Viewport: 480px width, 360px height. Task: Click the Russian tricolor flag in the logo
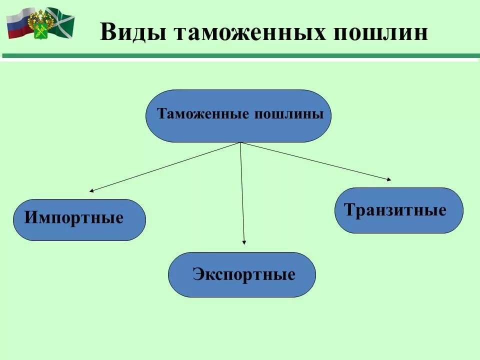coord(19,24)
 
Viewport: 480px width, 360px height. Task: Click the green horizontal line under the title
coord(240,56)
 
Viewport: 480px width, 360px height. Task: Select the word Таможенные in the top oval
coord(203,114)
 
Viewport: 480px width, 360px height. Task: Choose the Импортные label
coord(73,218)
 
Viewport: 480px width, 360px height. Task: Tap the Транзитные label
coord(395,210)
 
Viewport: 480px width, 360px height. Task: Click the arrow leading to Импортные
coord(165,167)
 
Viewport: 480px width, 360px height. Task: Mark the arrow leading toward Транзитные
coord(315,161)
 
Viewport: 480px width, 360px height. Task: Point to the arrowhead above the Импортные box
coord(91,191)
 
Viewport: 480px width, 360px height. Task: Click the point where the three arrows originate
coord(240,143)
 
